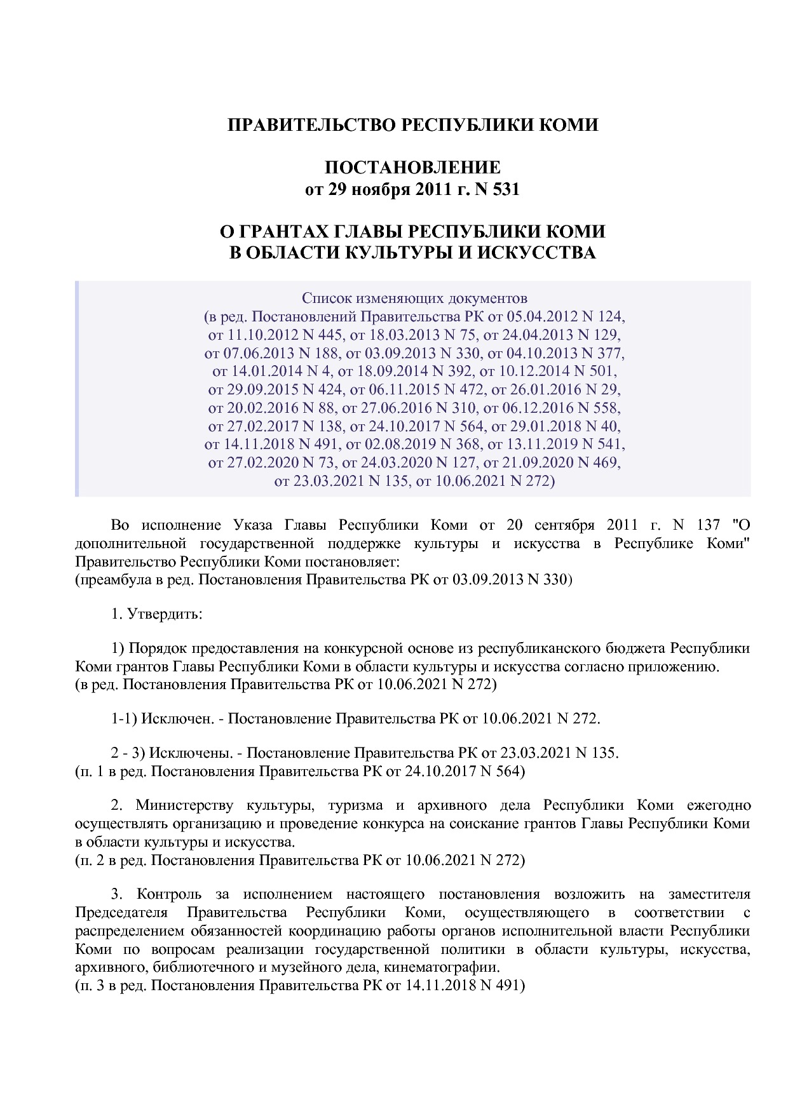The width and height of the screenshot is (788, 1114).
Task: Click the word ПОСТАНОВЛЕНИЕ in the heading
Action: [412, 168]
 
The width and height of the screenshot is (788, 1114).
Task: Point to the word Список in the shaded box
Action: [322, 298]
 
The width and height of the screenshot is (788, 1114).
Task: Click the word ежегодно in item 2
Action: [719, 806]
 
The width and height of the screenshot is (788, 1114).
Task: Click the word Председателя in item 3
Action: [121, 913]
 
